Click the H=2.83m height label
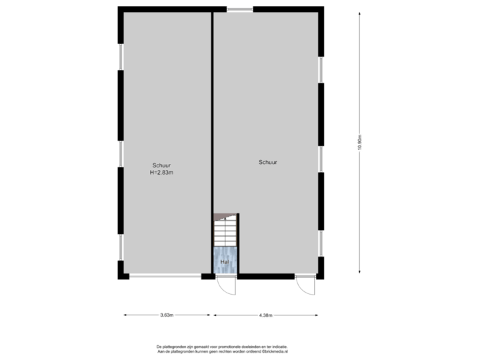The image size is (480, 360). coord(162,173)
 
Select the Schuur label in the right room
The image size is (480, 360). coord(268,162)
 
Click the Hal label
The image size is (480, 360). coord(225,262)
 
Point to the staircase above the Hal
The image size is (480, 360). coord(225,230)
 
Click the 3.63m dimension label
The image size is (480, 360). coord(167,315)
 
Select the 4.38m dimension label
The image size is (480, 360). coord(265,315)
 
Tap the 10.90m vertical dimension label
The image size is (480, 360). coord(359,143)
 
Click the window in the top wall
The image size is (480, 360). coord(239,9)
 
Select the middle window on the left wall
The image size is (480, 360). coord(121,153)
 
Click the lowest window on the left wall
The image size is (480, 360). coord(121,248)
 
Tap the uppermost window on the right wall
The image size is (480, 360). coord(321,70)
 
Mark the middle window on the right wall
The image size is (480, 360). coord(321,159)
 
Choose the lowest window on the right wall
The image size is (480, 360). coord(321,244)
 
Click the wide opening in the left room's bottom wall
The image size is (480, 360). coord(165,277)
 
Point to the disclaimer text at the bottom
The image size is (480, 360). coord(221,348)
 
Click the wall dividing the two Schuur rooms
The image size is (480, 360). coord(213,113)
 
